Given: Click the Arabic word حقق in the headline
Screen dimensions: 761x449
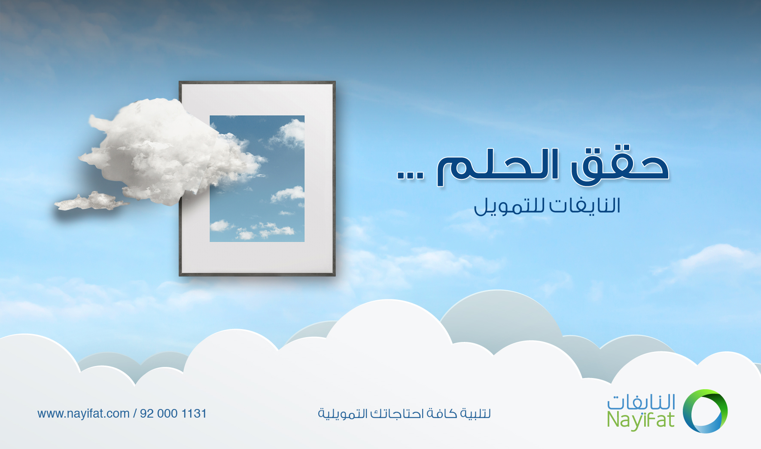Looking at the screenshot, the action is point(620,166).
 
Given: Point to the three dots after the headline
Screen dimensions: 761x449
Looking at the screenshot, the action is point(410,175).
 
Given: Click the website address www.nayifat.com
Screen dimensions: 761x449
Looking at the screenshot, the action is point(83,414).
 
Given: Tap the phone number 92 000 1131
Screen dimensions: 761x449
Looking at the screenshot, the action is point(174,414).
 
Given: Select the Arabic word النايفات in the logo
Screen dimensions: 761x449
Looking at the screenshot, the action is point(641,402).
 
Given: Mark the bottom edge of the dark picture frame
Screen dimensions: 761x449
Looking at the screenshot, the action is point(257,274).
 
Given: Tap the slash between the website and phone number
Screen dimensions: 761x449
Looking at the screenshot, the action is point(135,414).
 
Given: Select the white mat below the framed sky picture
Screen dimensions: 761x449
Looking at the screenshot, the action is point(257,257).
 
